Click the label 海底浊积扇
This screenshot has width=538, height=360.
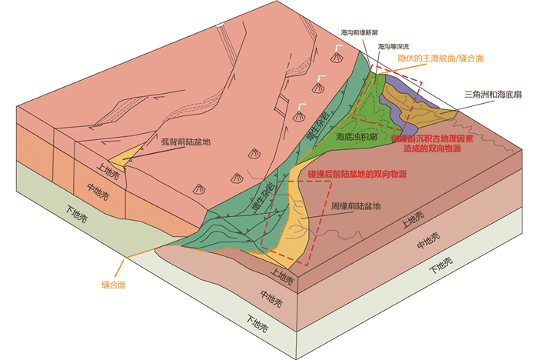point(357,136)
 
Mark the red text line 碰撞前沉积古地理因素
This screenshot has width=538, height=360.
point(438,138)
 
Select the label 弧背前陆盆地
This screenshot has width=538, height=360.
point(185,142)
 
